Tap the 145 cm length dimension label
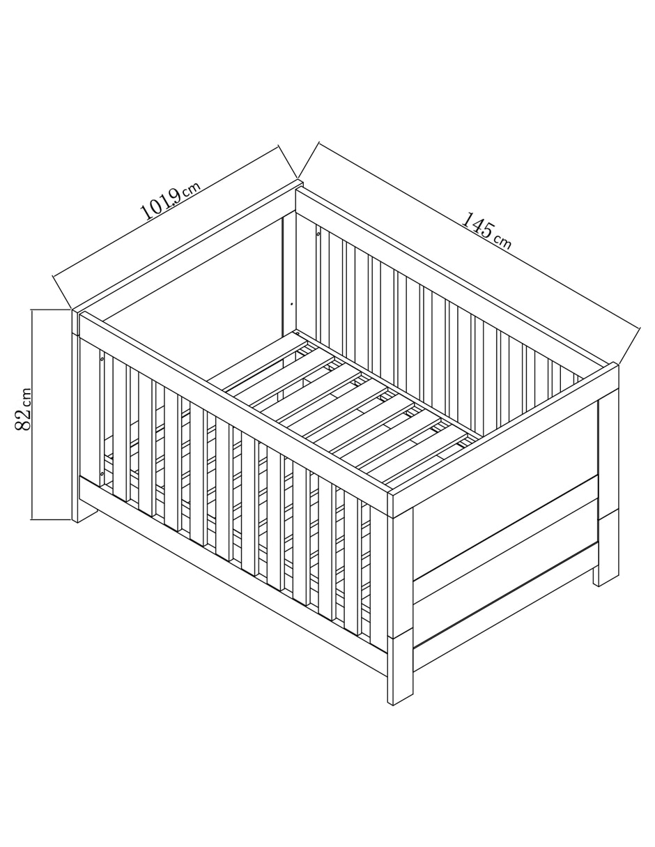pyautogui.click(x=486, y=231)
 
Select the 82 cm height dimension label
pyautogui.click(x=23, y=409)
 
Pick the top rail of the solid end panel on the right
pyautogui.click(x=505, y=440)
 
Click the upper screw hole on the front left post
pyautogui.click(x=102, y=358)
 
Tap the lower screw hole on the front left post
pyautogui.click(x=102, y=473)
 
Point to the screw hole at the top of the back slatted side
pyautogui.click(x=318, y=234)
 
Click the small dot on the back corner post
pyautogui.click(x=292, y=303)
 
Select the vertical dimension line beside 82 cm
pyautogui.click(x=32, y=414)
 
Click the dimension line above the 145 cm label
pyautogui.click(x=479, y=236)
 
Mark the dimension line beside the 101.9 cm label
pyautogui.click(x=165, y=211)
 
